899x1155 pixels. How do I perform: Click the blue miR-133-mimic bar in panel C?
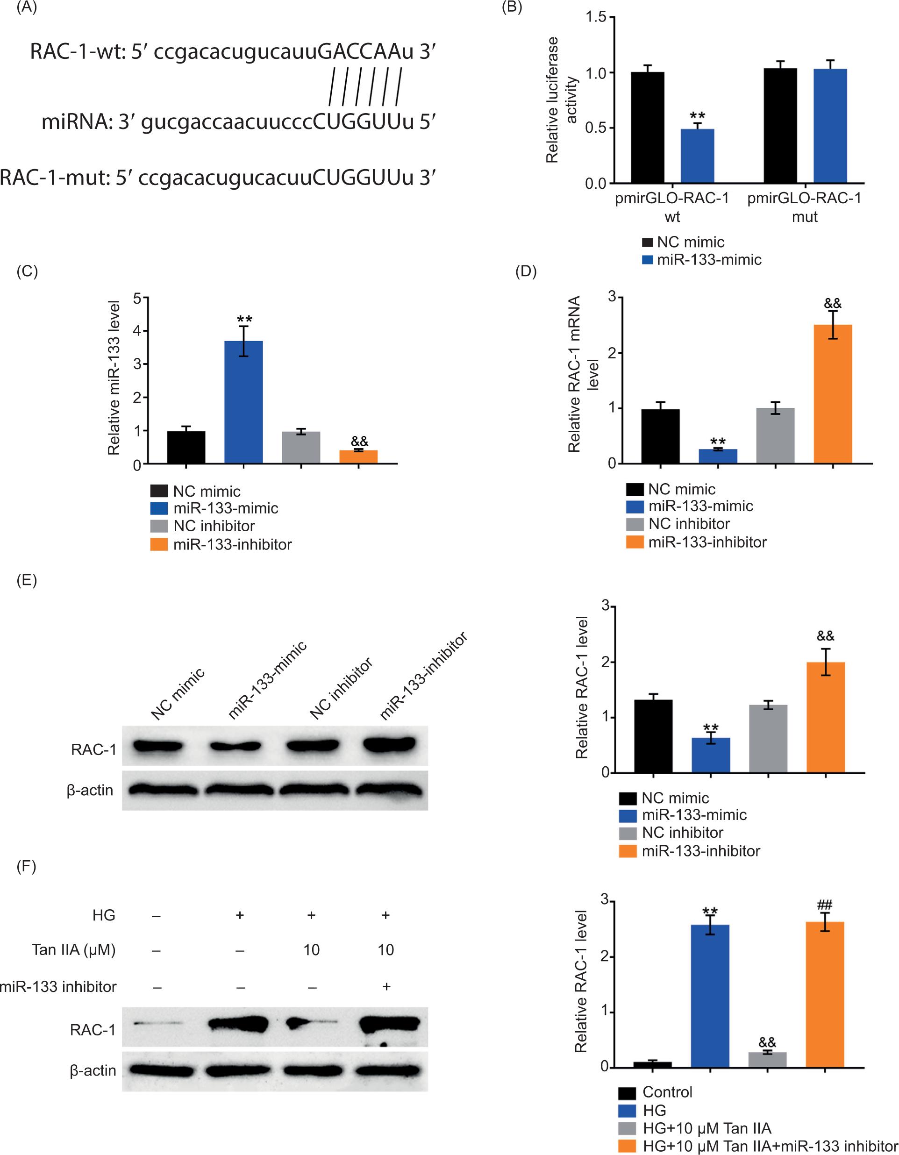[243, 402]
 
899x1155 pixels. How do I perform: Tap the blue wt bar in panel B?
[697, 156]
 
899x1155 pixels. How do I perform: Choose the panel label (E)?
[27, 580]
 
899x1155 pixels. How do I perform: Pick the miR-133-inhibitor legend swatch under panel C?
[159, 544]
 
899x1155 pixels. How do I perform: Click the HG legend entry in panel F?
[654, 1110]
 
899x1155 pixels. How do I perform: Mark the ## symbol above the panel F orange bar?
[824, 904]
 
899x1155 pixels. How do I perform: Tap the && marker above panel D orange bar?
[832, 304]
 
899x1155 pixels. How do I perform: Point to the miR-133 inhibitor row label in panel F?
[58, 986]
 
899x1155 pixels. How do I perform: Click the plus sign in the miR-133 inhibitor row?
[386, 986]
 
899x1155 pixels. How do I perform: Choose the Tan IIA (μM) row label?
[73, 950]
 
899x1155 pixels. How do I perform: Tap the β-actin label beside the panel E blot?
[90, 790]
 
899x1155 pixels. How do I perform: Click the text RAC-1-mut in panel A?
[53, 178]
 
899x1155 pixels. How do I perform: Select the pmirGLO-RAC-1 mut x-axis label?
[804, 207]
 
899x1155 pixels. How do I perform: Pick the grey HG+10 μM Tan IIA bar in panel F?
[767, 1059]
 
